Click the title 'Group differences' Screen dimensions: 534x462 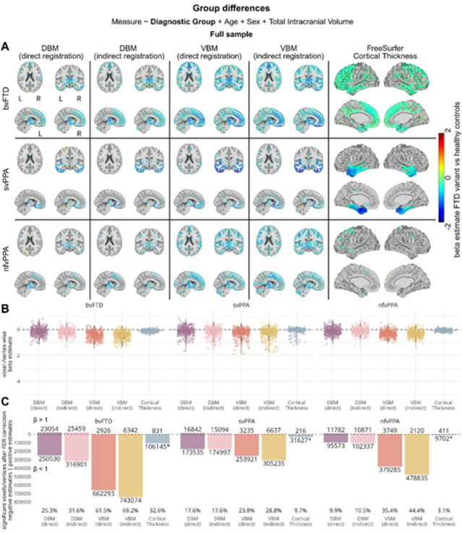pos(231,7)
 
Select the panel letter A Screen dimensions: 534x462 pos(6,45)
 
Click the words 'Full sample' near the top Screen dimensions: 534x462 pos(231,33)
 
